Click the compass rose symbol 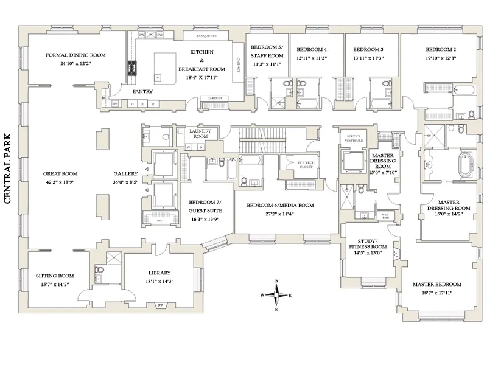click(277, 295)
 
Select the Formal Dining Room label click(75, 55)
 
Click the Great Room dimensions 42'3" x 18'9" click(60, 182)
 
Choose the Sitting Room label click(55, 276)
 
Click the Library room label click(159, 273)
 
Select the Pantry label click(142, 91)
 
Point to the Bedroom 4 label click(311, 49)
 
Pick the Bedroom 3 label click(368, 49)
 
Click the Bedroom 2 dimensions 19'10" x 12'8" click(441, 58)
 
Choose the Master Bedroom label click(436, 284)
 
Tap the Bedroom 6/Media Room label click(280, 206)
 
